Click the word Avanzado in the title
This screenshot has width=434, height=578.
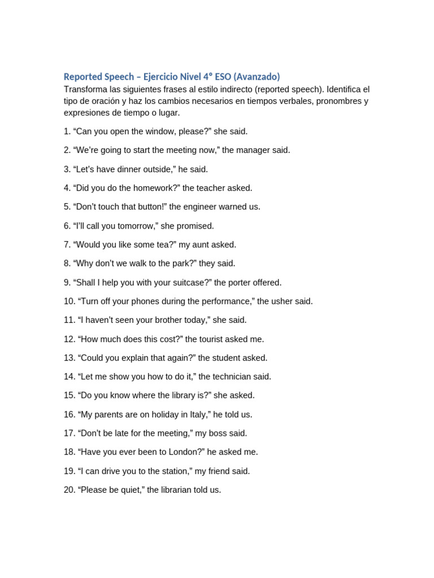[257, 77]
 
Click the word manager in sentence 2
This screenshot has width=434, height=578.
[240, 150]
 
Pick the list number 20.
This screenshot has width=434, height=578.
[69, 490]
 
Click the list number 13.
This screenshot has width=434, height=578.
[69, 358]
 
